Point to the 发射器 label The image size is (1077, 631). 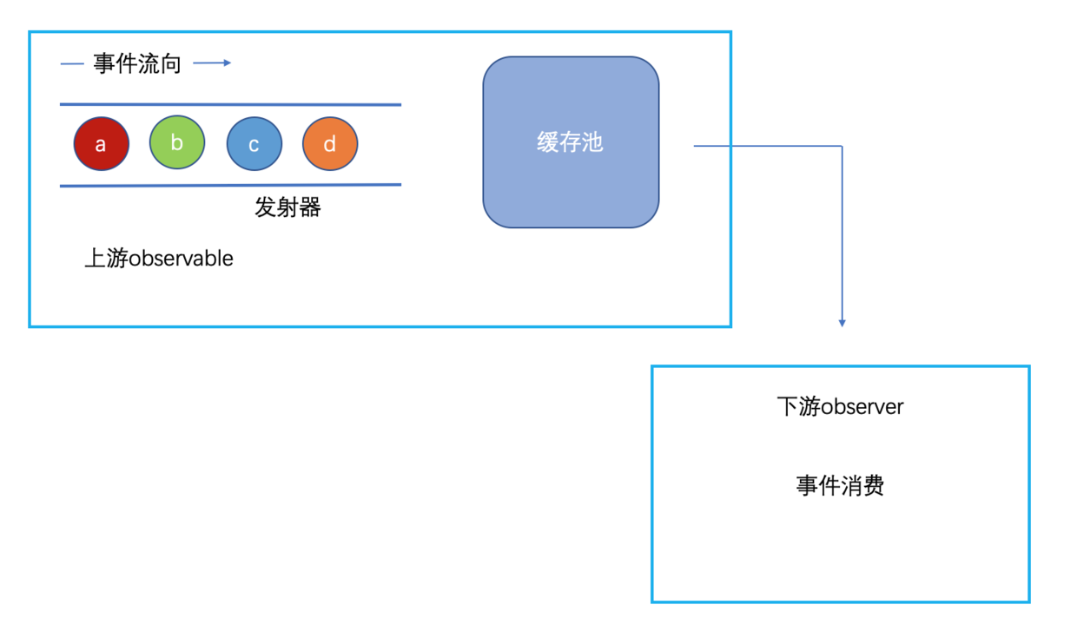[x=287, y=207]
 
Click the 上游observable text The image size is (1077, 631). [x=159, y=259]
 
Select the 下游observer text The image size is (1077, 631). [x=840, y=406]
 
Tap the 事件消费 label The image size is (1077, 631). [x=840, y=485]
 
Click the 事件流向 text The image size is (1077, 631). [x=137, y=63]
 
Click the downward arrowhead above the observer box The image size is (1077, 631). [x=842, y=323]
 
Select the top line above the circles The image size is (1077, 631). [x=230, y=104]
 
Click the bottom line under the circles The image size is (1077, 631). [x=230, y=185]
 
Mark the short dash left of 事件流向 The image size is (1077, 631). [x=72, y=63]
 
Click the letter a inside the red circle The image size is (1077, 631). [x=101, y=145]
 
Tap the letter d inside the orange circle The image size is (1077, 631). [x=330, y=145]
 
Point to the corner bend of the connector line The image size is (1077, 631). [x=842, y=146]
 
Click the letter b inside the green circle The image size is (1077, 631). [x=177, y=142]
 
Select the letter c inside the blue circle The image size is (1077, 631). [x=254, y=145]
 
